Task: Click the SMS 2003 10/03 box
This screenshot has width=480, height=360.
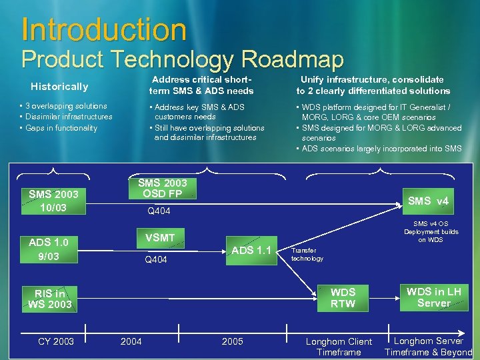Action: point(53,201)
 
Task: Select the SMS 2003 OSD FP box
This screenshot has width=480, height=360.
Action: point(162,188)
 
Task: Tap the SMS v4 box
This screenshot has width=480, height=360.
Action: point(428,201)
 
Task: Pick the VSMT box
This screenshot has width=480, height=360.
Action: point(160,237)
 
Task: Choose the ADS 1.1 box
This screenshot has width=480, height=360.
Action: point(251,251)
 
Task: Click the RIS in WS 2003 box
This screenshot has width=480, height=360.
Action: point(50,299)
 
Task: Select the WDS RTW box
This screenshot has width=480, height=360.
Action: point(343,298)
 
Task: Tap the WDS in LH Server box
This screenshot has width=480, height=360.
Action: point(433,297)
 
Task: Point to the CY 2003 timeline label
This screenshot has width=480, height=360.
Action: point(56,341)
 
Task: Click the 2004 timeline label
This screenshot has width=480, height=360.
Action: point(131,341)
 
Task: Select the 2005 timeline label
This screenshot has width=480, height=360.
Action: point(232,341)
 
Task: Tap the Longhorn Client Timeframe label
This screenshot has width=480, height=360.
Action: point(339,347)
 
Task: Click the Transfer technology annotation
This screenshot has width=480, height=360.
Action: point(307,254)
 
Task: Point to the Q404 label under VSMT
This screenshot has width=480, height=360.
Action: point(157,260)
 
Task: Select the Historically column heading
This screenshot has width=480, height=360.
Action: point(59,87)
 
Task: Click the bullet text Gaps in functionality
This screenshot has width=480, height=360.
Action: point(61,128)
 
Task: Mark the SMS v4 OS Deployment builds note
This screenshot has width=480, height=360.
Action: point(431,231)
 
